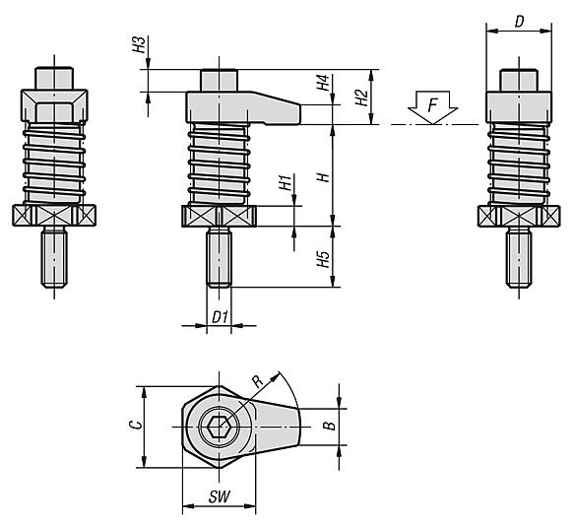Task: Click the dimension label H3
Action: pos(138,45)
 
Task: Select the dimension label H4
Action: pos(322,85)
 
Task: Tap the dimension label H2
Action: pos(360,97)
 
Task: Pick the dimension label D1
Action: pos(221,316)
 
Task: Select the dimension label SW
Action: pos(219,497)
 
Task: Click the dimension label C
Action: pos(138,426)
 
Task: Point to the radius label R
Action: pos(258,380)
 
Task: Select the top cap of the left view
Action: pos(54,77)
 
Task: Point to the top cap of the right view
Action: pos(519,77)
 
